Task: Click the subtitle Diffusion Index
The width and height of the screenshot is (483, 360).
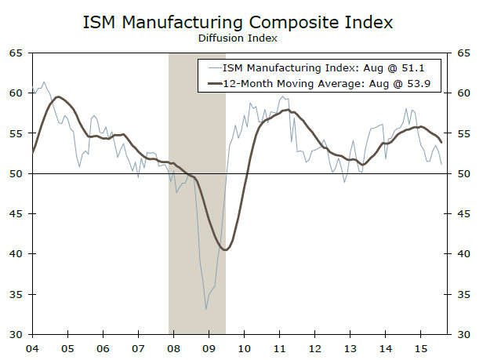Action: (x=241, y=38)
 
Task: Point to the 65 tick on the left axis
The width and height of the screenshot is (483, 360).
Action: (x=15, y=53)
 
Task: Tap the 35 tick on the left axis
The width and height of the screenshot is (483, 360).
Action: (x=15, y=294)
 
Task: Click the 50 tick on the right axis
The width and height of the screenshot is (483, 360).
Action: (x=463, y=173)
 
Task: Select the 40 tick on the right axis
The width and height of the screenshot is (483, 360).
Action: (x=463, y=254)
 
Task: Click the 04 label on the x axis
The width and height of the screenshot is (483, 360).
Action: (x=32, y=347)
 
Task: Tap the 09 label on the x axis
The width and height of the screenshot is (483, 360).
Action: (x=208, y=347)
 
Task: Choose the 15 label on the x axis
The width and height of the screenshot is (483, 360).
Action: (x=419, y=347)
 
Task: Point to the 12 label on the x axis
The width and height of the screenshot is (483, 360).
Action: (x=314, y=347)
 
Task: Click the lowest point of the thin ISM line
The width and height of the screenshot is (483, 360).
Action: (x=206, y=309)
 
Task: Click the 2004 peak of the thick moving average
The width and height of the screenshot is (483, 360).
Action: (x=58, y=97)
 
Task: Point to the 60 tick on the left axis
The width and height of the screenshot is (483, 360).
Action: (x=15, y=93)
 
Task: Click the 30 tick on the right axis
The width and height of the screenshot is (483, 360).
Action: (x=463, y=335)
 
